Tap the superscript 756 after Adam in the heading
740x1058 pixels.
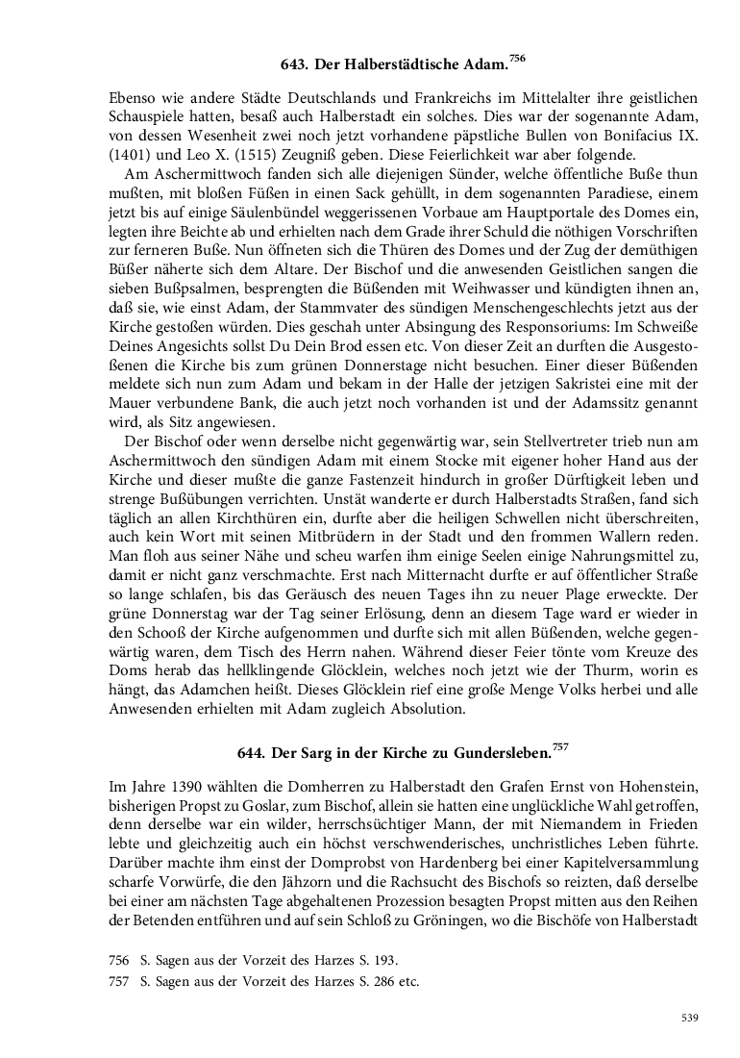click(517, 59)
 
